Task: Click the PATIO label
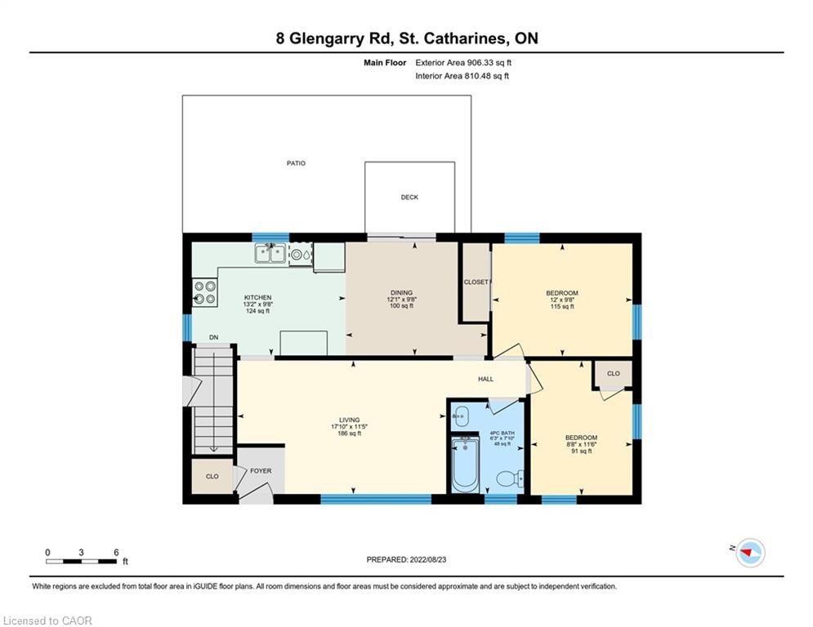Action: point(296,163)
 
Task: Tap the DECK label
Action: point(409,197)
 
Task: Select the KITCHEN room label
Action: point(257,297)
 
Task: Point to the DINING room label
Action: point(402,293)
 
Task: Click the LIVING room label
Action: point(350,420)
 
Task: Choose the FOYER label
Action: point(261,471)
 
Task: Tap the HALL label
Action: point(486,379)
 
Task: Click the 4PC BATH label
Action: point(502,433)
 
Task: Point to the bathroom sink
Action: point(460,416)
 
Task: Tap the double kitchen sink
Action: point(270,254)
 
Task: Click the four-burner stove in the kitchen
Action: point(205,292)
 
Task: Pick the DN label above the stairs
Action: point(213,337)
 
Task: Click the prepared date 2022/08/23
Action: point(428,559)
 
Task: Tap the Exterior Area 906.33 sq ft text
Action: point(463,63)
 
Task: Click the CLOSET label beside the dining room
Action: point(476,282)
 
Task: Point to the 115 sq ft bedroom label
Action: point(562,307)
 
